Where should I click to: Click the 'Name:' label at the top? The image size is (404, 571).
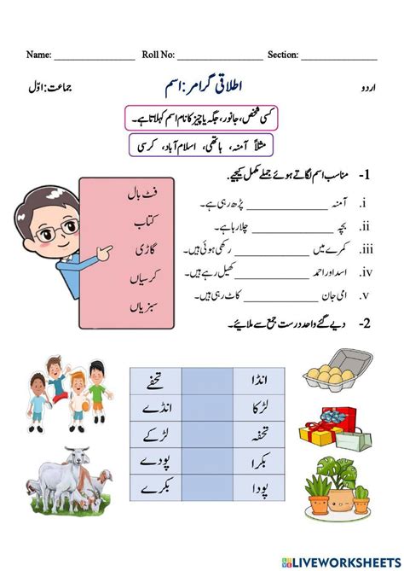(38, 55)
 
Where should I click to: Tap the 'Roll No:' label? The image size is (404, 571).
(159, 55)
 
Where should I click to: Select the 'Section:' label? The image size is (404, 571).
(281, 55)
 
